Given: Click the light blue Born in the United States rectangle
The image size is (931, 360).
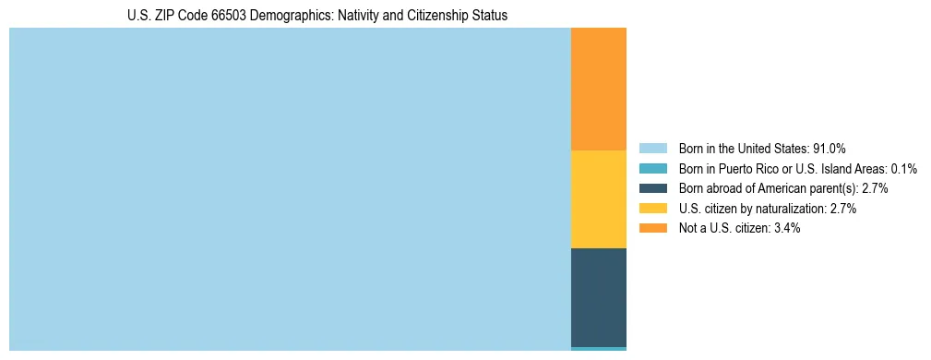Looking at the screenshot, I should [x=290, y=189].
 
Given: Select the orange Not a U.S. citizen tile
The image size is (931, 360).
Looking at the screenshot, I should [x=599, y=89].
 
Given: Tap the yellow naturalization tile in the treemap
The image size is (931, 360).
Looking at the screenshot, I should [x=599, y=199].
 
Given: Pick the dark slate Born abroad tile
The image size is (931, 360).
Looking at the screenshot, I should [x=599, y=297].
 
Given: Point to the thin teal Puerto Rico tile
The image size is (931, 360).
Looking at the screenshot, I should [x=599, y=348].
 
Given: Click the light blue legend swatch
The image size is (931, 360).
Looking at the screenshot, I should [x=652, y=148].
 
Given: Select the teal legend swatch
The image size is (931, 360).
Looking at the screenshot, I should [x=652, y=168].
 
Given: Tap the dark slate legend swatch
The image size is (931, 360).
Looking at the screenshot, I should [x=652, y=188].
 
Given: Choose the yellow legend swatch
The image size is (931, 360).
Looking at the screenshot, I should [x=652, y=209].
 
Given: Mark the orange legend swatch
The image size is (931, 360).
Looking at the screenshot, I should [x=652, y=228].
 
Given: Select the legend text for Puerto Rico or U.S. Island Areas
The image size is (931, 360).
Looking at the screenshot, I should [x=797, y=168].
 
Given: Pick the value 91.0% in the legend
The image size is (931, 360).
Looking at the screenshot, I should [x=830, y=148].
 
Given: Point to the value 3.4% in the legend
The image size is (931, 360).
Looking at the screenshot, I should [x=785, y=228].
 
